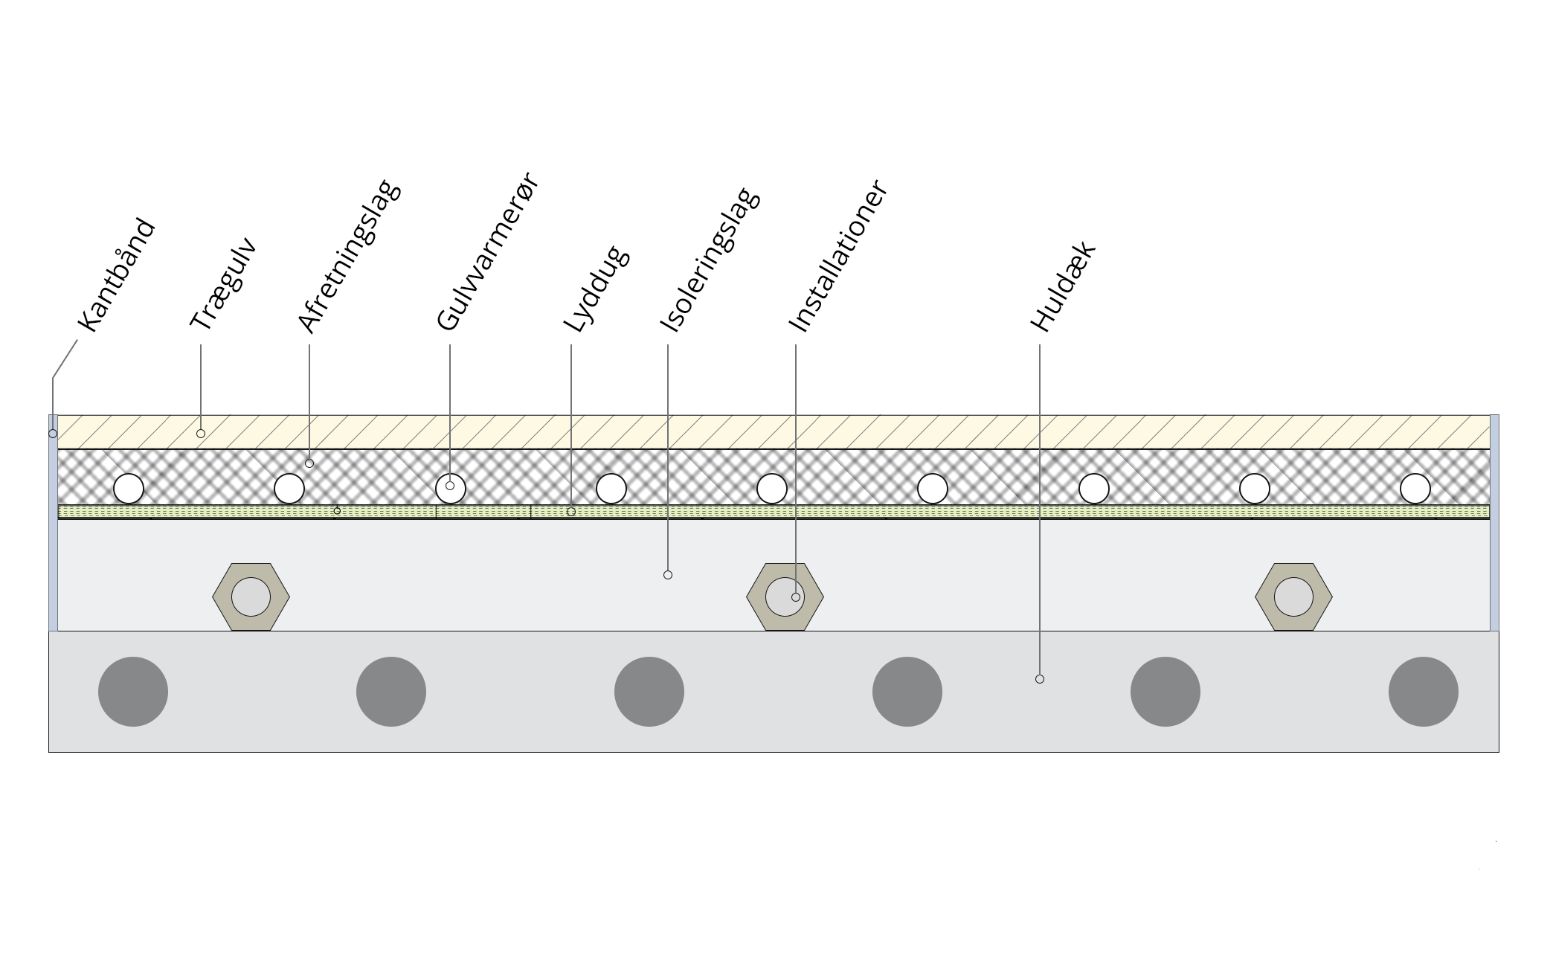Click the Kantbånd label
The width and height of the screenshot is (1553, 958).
pyautogui.click(x=117, y=275)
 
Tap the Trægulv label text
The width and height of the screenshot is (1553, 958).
pyautogui.click(x=224, y=283)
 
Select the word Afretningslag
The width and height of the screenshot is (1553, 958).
pyautogui.click(x=349, y=256)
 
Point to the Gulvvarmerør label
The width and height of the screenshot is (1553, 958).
pyautogui.click(x=487, y=251)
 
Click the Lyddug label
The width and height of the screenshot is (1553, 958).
pyautogui.click(x=597, y=289)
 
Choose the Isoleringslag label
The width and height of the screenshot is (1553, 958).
pyautogui.click(x=710, y=260)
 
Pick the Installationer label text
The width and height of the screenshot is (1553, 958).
pyautogui.click(x=837, y=256)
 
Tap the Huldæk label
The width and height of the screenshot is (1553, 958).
pyautogui.click(x=1064, y=286)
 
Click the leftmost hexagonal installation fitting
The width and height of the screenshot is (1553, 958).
pyautogui.click(x=251, y=597)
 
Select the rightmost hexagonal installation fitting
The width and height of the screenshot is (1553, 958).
pyautogui.click(x=1293, y=597)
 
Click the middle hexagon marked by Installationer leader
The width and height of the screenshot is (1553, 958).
pyautogui.click(x=785, y=597)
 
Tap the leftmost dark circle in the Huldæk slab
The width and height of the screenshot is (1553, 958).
pyautogui.click(x=133, y=692)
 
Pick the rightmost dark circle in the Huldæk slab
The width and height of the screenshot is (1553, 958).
pyautogui.click(x=1424, y=692)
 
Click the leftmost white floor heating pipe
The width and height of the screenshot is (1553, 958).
pyautogui.click(x=129, y=489)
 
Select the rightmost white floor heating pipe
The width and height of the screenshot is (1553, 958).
pyautogui.click(x=1415, y=489)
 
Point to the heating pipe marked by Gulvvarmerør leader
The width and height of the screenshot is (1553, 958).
pyautogui.click(x=451, y=489)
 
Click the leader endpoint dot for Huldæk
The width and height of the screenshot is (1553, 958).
pyautogui.click(x=1040, y=679)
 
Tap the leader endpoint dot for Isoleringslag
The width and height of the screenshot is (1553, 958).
pyautogui.click(x=668, y=575)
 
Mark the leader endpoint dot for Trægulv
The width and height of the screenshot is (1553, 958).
pyautogui.click(x=201, y=434)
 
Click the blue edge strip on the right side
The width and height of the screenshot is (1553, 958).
pyautogui.click(x=1494, y=523)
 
